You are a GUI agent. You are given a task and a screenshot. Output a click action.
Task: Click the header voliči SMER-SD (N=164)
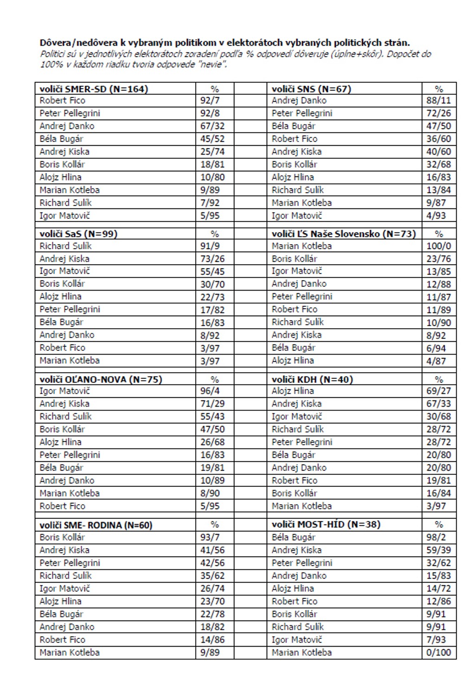(x=94, y=89)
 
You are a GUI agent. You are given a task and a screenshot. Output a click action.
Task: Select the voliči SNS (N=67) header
(x=311, y=89)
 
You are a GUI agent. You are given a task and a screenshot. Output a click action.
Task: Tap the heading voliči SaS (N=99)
(x=78, y=234)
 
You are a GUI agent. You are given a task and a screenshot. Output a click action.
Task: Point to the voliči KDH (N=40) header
(x=312, y=379)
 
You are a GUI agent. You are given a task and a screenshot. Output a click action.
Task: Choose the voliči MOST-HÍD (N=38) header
(x=326, y=524)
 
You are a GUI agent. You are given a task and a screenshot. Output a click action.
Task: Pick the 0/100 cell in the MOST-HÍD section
(x=439, y=652)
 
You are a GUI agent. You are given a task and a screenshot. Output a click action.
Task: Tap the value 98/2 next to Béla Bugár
(x=436, y=537)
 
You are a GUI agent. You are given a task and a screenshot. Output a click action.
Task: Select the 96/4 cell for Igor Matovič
(x=210, y=391)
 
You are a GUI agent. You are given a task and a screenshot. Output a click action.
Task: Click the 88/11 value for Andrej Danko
(x=439, y=100)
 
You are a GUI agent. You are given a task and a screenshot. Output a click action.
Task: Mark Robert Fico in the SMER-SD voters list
(x=63, y=100)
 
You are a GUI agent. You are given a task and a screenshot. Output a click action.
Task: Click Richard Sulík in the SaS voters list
(x=65, y=246)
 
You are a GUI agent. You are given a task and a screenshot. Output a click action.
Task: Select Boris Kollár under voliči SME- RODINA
(x=63, y=537)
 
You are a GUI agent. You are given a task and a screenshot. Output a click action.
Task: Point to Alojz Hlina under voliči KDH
(x=293, y=391)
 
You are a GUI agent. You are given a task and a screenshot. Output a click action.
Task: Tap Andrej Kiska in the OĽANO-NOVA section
(x=64, y=404)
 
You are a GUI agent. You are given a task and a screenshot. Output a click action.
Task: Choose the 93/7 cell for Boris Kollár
(x=210, y=537)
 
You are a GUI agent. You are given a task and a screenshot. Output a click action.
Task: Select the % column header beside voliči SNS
(x=439, y=89)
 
